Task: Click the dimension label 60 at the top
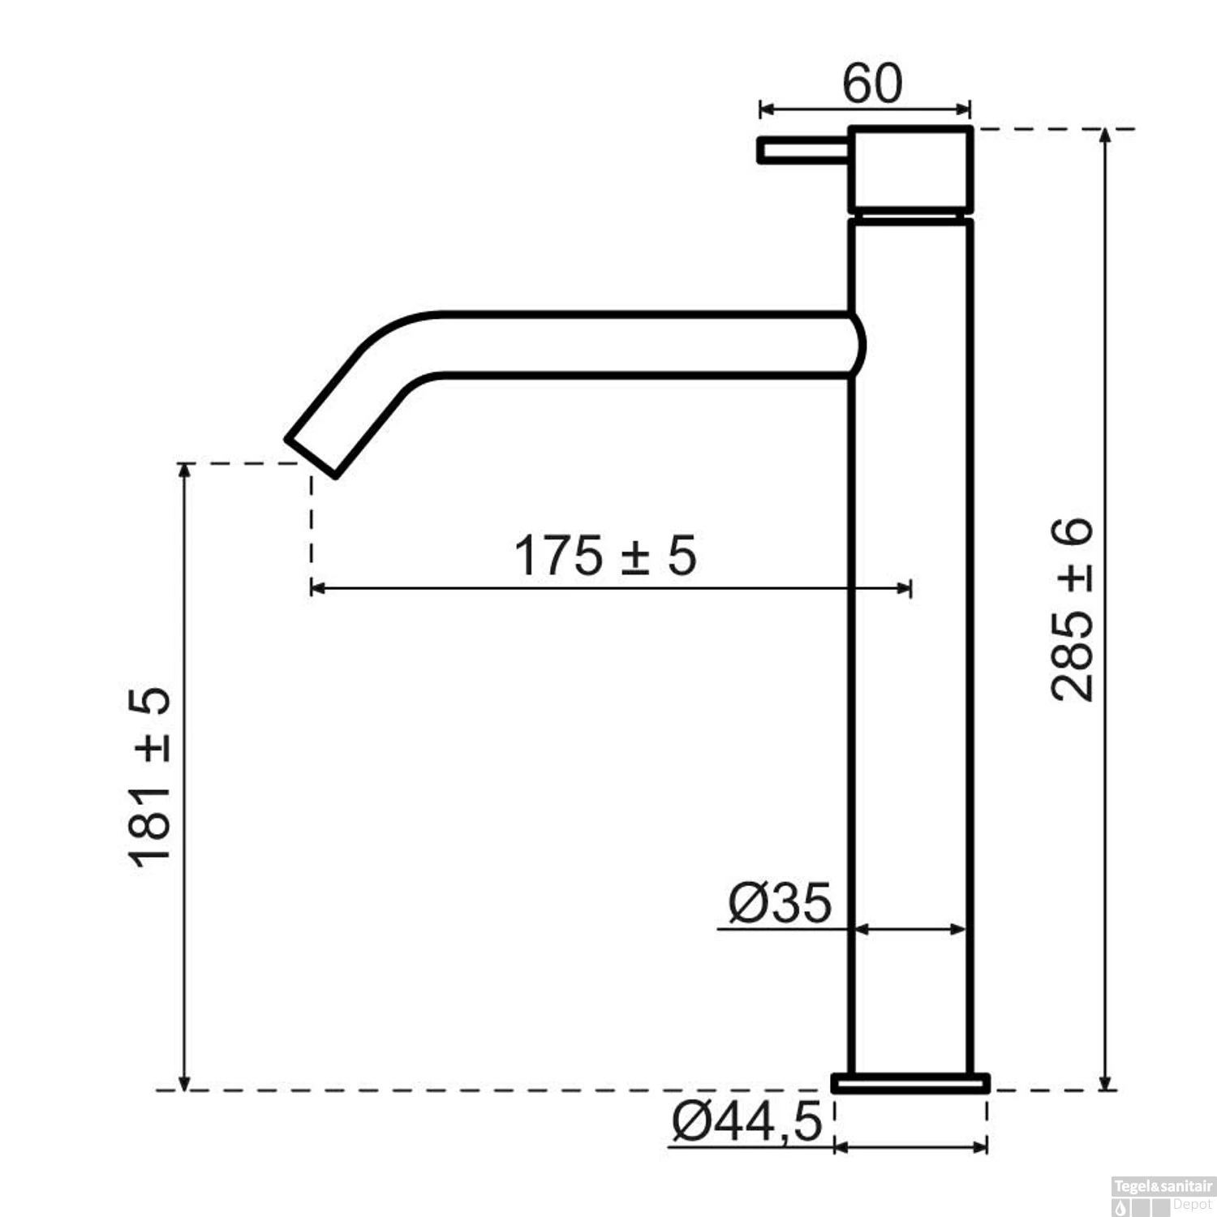coord(871,83)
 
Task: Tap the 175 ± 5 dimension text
coord(605,556)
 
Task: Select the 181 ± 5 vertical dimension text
coord(150,777)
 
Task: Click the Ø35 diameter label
coord(780,902)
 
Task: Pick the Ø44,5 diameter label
coord(746,1123)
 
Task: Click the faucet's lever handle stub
coord(802,151)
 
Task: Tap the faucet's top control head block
coord(910,170)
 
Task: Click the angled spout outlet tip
coord(311,457)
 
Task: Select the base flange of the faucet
coord(910,1083)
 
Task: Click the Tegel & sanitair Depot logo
coord(1163,1196)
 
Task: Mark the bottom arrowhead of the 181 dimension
coord(185,1083)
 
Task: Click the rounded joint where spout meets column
coord(856,345)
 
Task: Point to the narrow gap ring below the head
coord(910,217)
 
